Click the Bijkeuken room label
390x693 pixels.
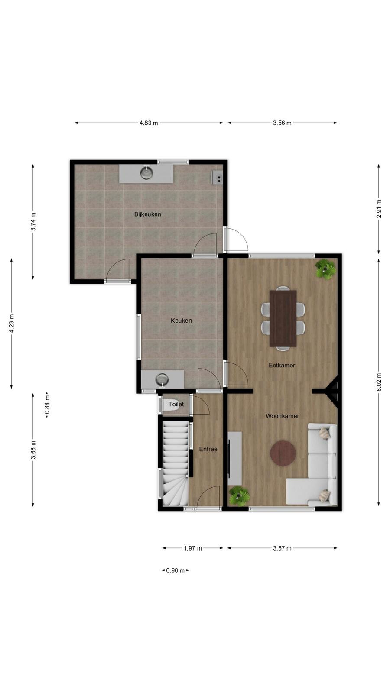tap(148, 214)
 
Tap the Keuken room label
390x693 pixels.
tap(182, 321)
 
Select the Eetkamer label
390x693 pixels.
tap(282, 365)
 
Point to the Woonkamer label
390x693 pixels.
tap(282, 416)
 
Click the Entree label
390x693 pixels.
tap(208, 449)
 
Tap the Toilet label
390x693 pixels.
tap(176, 404)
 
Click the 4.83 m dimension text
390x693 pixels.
tap(149, 123)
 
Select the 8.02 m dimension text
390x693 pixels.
tap(379, 382)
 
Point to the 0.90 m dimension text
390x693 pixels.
tap(175, 570)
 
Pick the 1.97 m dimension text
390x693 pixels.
tap(192, 548)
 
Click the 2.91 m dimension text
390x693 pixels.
tap(379, 209)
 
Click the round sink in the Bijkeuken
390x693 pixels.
tap(146, 173)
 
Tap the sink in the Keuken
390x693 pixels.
tap(162, 379)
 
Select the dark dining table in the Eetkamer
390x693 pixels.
tap(283, 318)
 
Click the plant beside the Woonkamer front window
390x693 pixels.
tap(239, 495)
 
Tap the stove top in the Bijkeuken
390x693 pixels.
tap(217, 178)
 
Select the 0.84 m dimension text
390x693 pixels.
tap(47, 405)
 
